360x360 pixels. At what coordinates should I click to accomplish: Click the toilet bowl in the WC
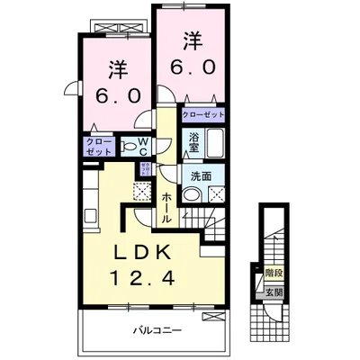click(x=129, y=147)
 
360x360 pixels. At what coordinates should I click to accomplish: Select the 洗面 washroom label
click(x=202, y=176)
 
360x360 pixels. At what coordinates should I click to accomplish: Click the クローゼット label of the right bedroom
click(x=202, y=116)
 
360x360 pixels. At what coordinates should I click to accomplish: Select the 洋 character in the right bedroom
click(x=193, y=40)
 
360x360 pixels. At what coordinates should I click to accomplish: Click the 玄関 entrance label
click(x=274, y=292)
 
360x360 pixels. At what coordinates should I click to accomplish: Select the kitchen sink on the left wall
click(x=90, y=214)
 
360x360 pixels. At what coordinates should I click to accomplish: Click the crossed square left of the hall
click(x=140, y=189)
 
